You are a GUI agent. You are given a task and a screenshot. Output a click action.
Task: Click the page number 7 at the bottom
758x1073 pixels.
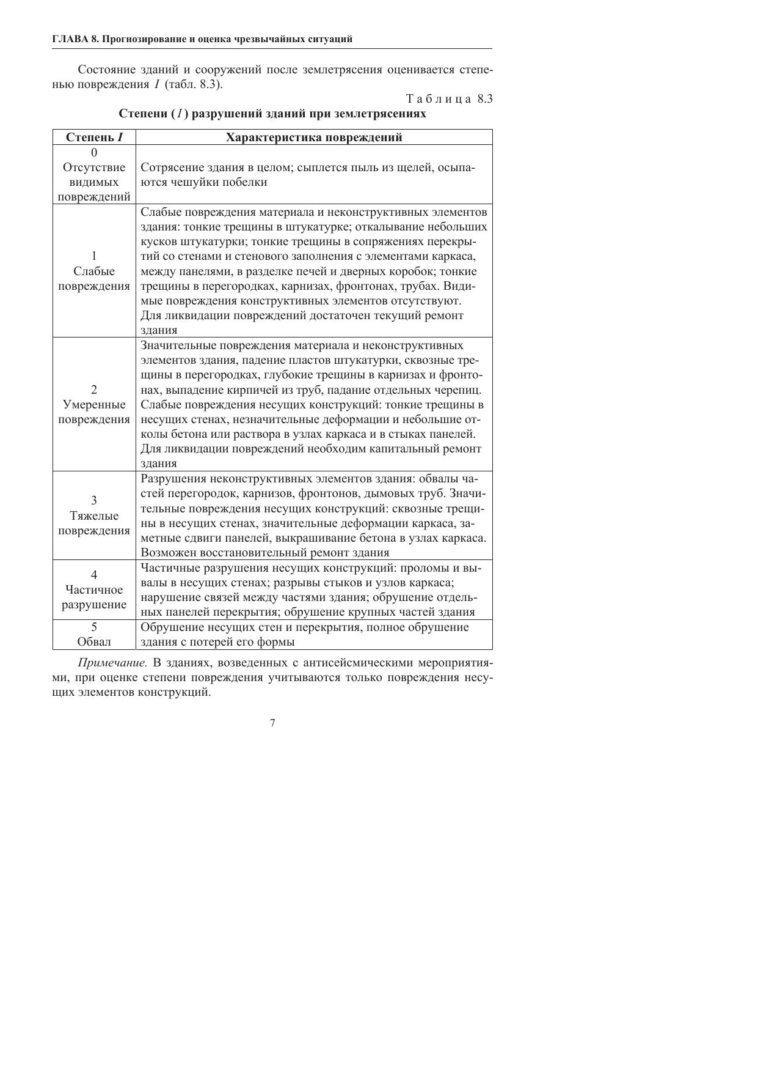[272, 723]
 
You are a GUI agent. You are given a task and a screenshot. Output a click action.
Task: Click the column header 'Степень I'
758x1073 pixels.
[94, 138]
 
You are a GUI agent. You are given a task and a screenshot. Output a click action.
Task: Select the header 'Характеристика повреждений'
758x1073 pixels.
[314, 138]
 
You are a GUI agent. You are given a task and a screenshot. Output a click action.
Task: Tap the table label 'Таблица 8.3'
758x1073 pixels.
[449, 99]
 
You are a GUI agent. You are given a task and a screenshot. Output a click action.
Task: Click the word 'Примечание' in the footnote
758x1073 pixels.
[112, 663]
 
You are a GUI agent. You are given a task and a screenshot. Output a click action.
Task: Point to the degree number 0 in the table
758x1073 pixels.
[94, 152]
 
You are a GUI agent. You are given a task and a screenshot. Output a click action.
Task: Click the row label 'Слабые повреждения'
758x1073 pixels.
[94, 278]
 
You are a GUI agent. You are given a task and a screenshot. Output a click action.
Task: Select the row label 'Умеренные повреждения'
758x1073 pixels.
[94, 411]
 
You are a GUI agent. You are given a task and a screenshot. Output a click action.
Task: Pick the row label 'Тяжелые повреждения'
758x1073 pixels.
[94, 523]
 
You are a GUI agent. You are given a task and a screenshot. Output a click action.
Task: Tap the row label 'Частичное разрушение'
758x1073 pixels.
[94, 597]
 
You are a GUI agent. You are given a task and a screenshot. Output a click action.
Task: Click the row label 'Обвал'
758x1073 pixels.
[94, 642]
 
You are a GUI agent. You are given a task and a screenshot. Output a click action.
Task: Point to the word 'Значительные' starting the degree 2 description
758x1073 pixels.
[177, 345]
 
